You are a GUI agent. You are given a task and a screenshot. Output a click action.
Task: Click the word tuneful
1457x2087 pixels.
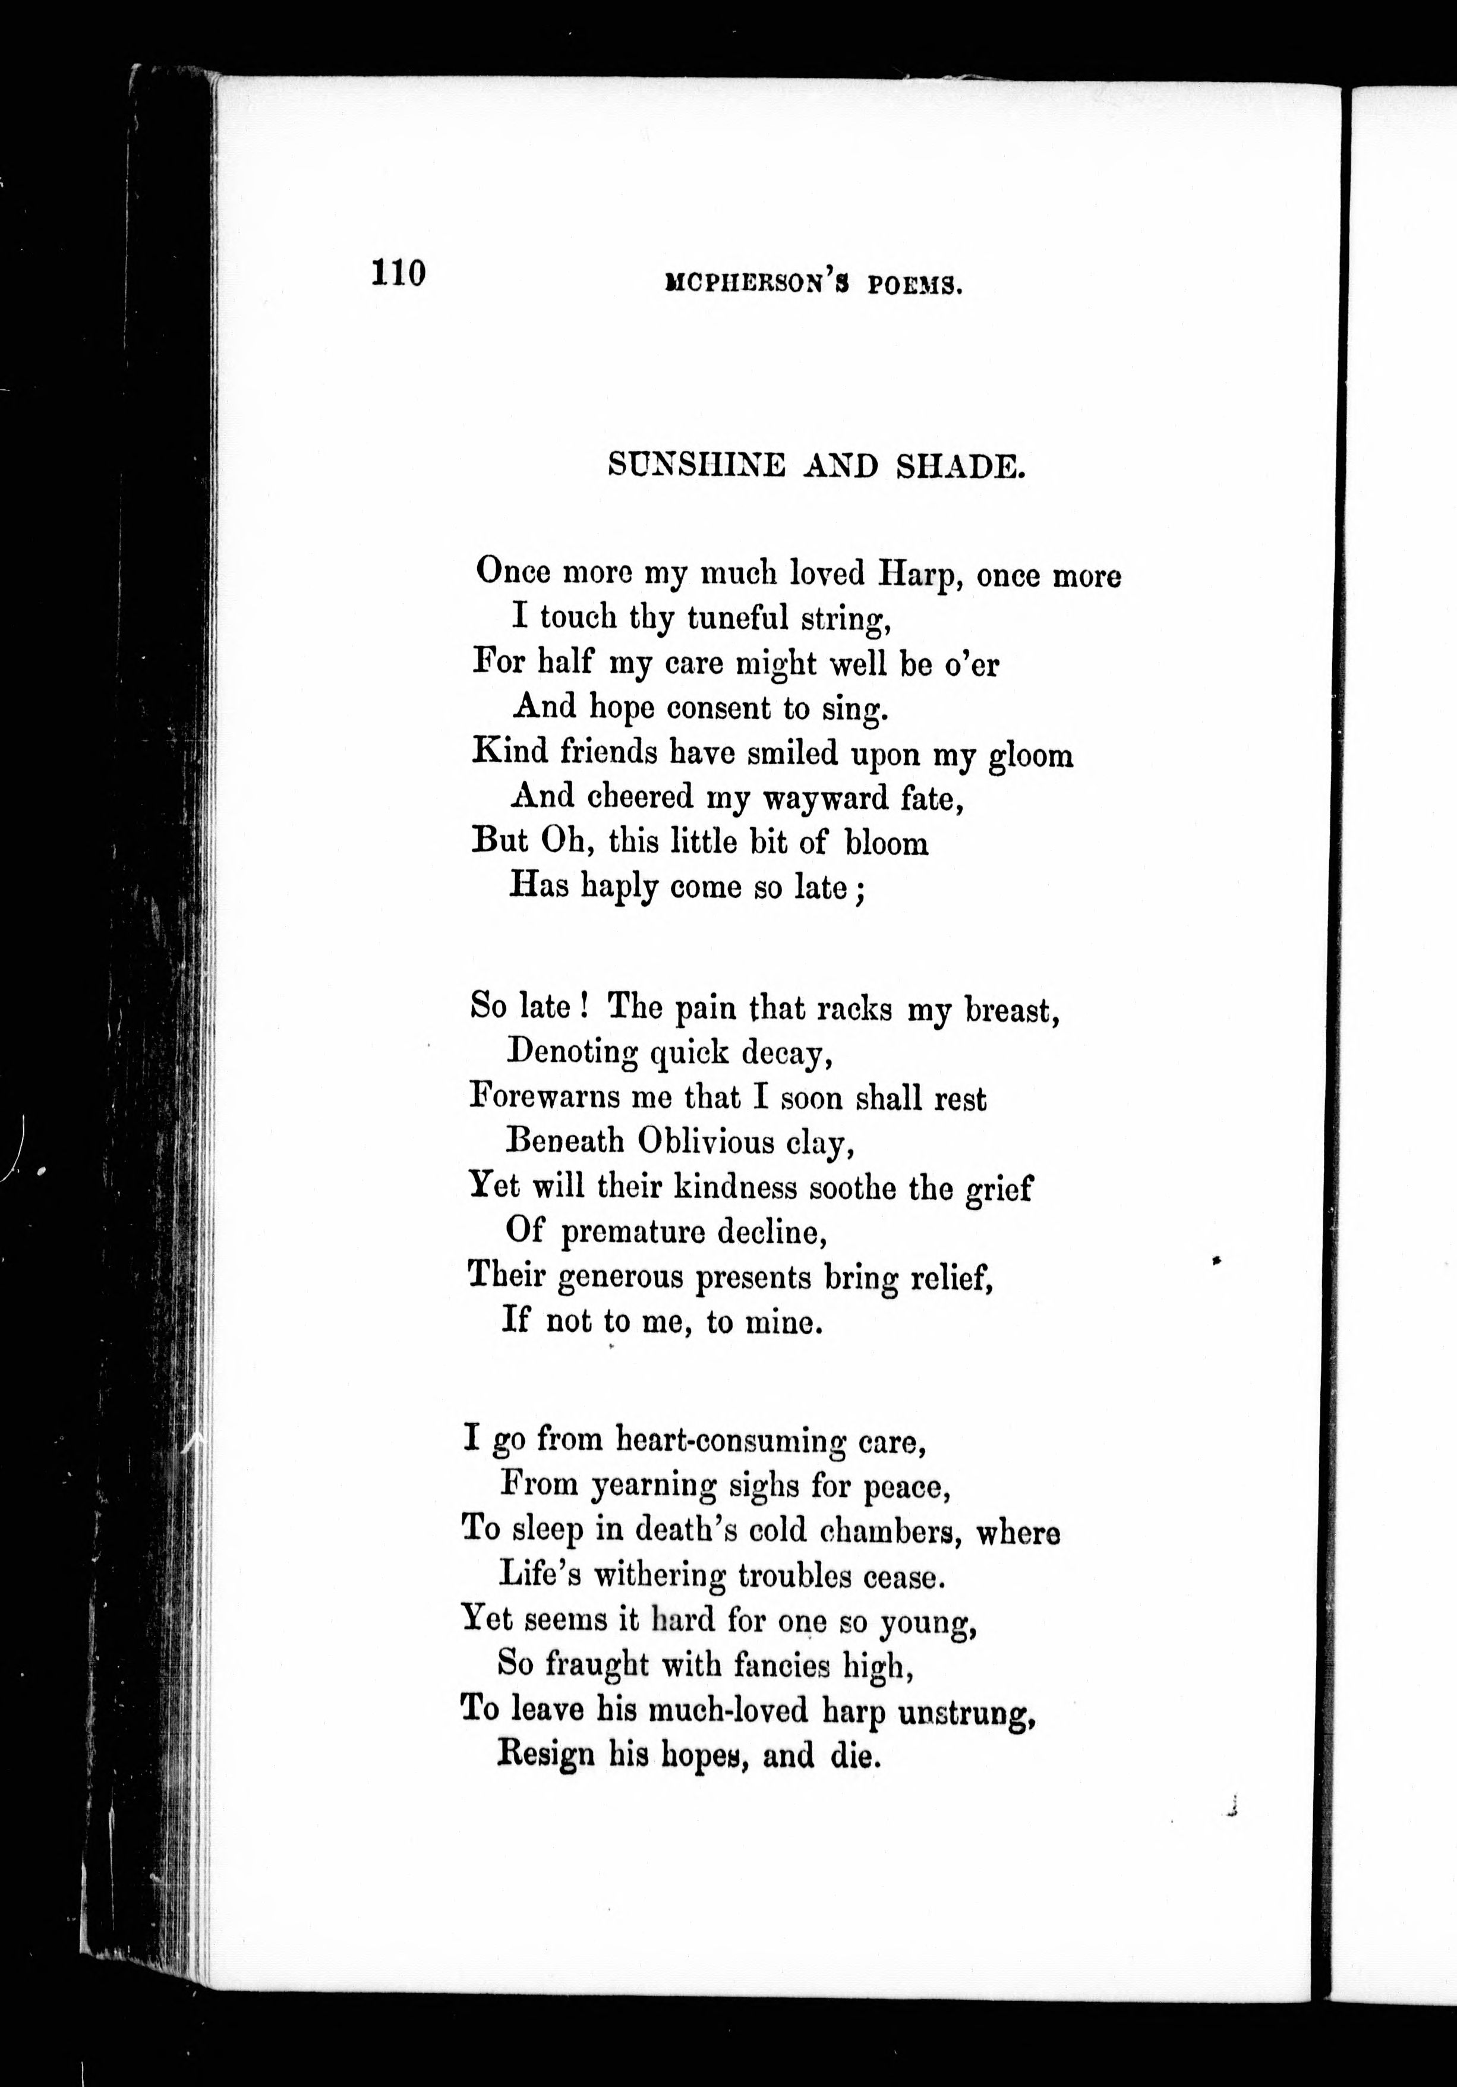737,619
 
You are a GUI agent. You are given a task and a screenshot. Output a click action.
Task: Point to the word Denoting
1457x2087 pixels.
573,1052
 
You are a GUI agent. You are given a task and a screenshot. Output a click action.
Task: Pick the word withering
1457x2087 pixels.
660,1575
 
